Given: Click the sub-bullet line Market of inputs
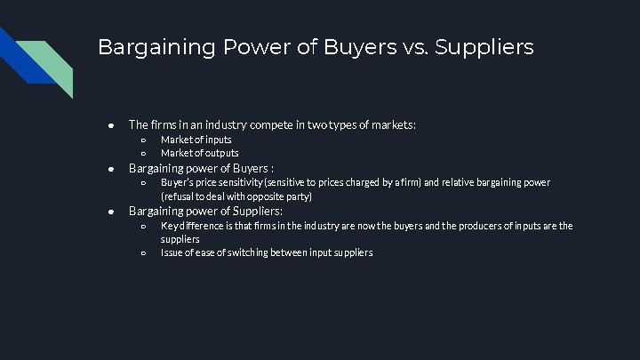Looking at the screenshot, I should [x=196, y=140].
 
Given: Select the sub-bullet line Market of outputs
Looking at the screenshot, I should [x=199, y=153].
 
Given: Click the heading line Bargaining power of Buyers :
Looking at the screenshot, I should [x=201, y=168].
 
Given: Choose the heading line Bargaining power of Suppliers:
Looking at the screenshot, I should [x=205, y=212].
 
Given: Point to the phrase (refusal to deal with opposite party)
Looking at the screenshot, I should [x=236, y=196].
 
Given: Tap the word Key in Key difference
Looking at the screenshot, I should [x=168, y=226].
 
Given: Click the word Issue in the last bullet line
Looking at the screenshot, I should [x=171, y=253].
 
